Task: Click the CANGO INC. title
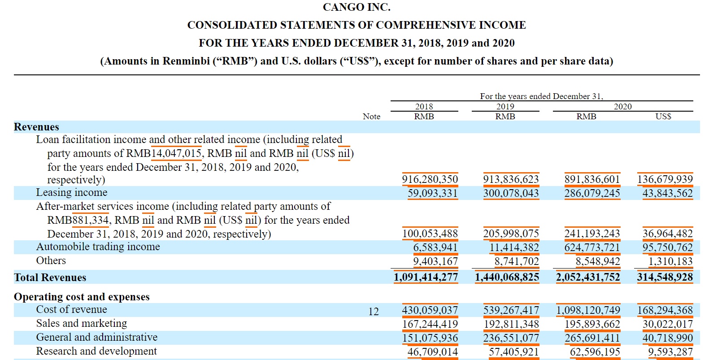tap(357, 7)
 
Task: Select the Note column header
tap(371, 117)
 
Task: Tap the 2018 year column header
tap(424, 107)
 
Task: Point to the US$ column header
tap(663, 117)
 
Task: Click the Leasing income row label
tap(72, 193)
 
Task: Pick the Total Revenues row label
tap(50, 278)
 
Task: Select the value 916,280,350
tap(430, 179)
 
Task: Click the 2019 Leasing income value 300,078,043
tap(511, 193)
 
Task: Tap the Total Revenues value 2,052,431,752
tap(588, 278)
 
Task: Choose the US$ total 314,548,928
tap(665, 278)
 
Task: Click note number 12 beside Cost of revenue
tap(374, 312)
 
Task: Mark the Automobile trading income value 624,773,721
tap(592, 247)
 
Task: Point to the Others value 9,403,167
tap(435, 261)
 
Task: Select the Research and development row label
tap(96, 351)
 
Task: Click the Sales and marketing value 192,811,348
tap(511, 324)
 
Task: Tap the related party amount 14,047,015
tap(176, 153)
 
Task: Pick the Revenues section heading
tap(36, 127)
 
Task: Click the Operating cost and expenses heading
tap(82, 297)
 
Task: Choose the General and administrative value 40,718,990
tap(667, 338)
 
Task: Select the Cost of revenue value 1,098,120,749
tap(588, 310)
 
